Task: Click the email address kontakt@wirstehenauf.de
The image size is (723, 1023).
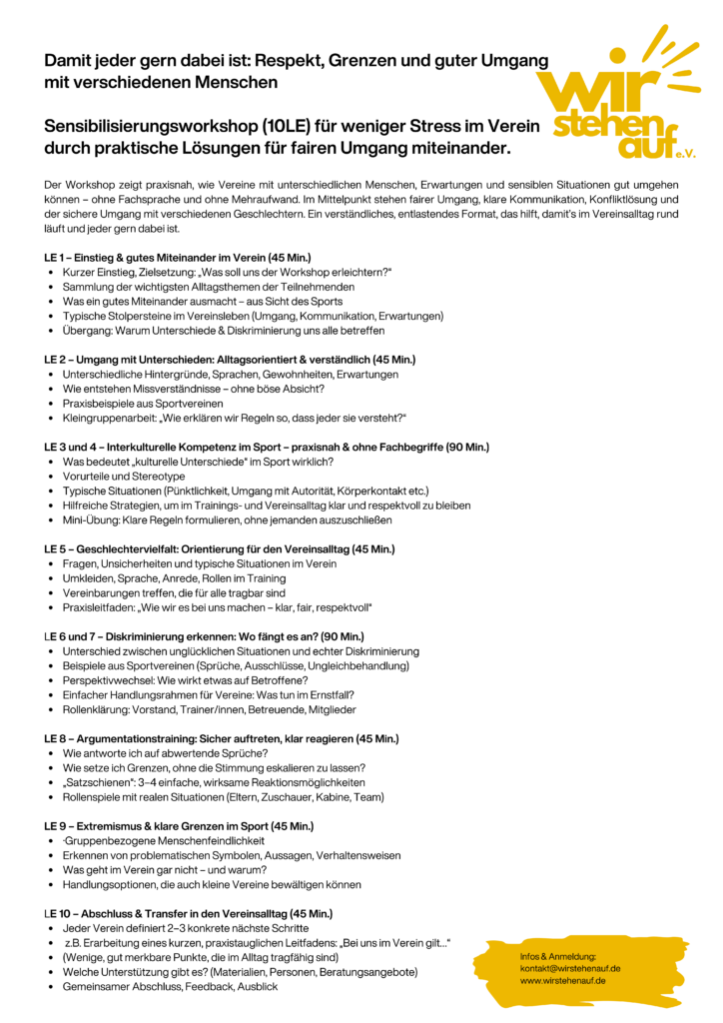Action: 570,968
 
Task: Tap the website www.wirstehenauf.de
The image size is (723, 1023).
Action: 562,980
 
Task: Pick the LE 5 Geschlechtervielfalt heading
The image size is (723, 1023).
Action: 220,548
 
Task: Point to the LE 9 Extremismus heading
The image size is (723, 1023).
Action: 179,826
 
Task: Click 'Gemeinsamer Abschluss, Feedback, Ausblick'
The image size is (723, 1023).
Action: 170,986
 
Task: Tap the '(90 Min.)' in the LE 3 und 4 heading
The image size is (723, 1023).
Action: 467,447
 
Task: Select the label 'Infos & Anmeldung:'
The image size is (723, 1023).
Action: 558,956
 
